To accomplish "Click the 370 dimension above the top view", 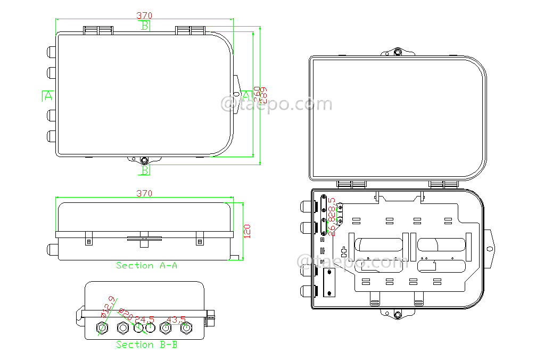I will (x=144, y=15).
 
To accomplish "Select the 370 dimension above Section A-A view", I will (x=144, y=193).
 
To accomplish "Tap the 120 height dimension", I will (x=248, y=231).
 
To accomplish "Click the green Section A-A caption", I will (x=147, y=265).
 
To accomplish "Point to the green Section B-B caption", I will (x=147, y=345).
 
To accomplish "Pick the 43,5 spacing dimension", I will (x=176, y=320).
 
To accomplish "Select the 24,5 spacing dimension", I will (x=144, y=320).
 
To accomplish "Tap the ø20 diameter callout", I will (x=126, y=314).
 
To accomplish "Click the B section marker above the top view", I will (x=145, y=26).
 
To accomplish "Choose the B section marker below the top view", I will (x=145, y=170).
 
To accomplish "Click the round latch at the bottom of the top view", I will (x=144, y=160).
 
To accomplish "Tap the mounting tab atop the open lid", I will (x=397, y=53).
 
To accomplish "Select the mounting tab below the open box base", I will (x=397, y=314).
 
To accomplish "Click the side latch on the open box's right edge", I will (x=490, y=249).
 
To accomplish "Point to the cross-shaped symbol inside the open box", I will (x=344, y=251).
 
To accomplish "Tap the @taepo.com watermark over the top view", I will (x=276, y=104).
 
